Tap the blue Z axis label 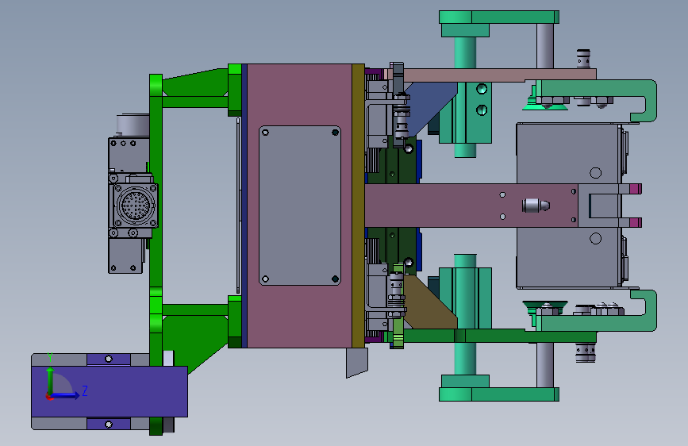point(85,390)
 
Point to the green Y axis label point(50,357)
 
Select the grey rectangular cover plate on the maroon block point(300,206)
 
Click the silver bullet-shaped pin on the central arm point(536,206)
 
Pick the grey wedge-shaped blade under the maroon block point(357,362)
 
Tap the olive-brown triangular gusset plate point(429,303)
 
